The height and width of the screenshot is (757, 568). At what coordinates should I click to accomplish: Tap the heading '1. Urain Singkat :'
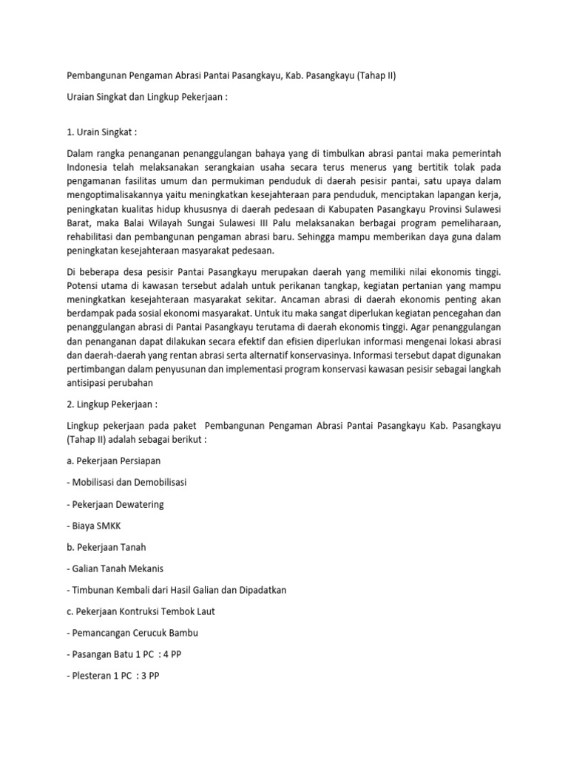click(102, 132)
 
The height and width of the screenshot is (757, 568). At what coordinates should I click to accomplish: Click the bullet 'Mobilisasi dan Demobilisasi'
click(128, 482)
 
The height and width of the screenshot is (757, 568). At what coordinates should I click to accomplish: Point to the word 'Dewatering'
click(139, 504)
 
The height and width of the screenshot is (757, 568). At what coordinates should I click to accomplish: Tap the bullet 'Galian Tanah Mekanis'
click(117, 568)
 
